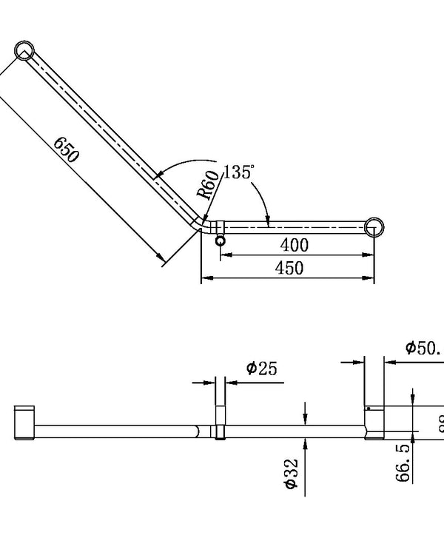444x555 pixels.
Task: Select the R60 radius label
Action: tap(208, 184)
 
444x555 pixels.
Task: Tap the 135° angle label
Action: tap(238, 172)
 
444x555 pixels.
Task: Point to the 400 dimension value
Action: tap(295, 244)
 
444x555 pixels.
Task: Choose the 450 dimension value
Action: tap(289, 268)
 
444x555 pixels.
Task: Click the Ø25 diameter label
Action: tap(262, 368)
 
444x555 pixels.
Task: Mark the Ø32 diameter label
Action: tap(291, 473)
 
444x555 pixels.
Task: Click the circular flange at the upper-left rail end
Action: tap(24, 50)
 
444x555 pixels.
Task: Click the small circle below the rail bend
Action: tap(220, 241)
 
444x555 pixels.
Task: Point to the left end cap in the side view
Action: tap(24, 423)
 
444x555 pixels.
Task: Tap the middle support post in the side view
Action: tap(220, 423)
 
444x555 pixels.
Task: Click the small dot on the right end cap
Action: tap(368, 408)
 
